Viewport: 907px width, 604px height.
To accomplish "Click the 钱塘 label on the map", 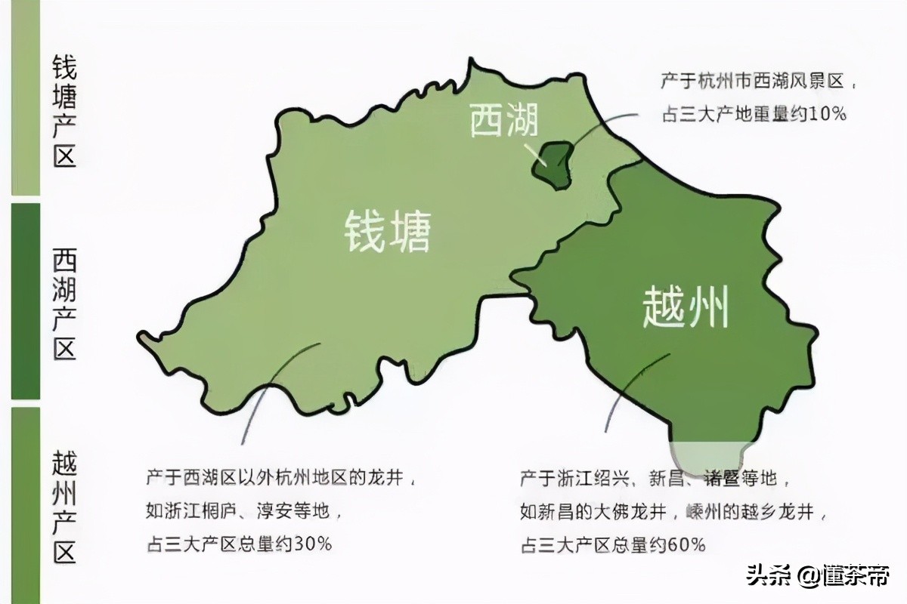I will tap(388, 231).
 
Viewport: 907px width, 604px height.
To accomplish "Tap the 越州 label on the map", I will tap(686, 308).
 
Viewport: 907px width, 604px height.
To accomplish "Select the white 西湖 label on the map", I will tap(503, 120).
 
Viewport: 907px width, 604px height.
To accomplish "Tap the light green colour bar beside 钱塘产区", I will tap(25, 98).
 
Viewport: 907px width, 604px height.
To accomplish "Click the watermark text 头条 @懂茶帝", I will tap(819, 577).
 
